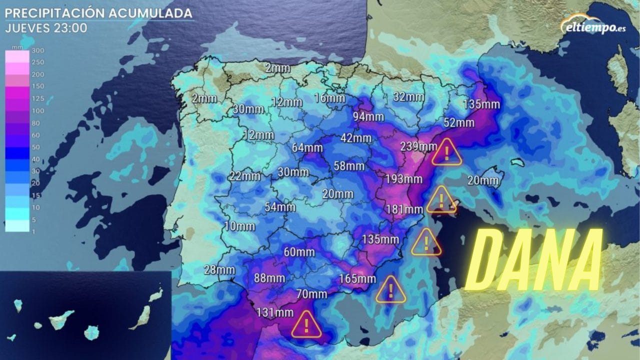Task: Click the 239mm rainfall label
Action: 418,146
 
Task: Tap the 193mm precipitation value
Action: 403,178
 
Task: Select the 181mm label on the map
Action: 405,209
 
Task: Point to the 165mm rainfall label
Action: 357,279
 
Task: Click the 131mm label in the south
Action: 274,313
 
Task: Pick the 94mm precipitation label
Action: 368,117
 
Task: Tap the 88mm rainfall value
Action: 269,278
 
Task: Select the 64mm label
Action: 307,148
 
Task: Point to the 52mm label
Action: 458,122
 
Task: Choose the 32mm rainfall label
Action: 408,97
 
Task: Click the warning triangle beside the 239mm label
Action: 446,152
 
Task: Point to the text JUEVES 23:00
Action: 46,28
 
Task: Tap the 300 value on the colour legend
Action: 37,50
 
